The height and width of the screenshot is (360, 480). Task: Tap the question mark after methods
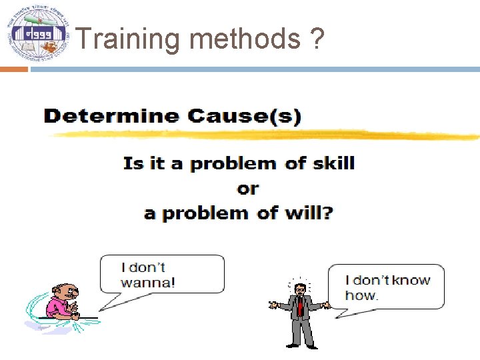pos(317,39)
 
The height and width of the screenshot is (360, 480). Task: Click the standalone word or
pos(247,189)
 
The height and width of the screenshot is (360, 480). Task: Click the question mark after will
pos(328,213)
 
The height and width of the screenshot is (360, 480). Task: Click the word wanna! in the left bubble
pos(148,282)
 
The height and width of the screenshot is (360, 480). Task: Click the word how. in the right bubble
pos(361,295)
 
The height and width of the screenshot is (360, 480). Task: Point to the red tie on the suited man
pos(300,306)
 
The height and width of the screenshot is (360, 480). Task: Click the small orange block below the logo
pos(13,69)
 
